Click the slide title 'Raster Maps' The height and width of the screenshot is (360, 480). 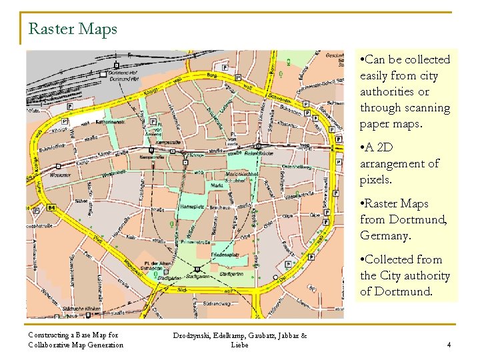click(73, 29)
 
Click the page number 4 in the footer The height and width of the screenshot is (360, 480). click(449, 345)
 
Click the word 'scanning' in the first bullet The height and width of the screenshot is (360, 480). click(427, 108)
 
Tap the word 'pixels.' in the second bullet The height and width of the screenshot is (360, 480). click(377, 179)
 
